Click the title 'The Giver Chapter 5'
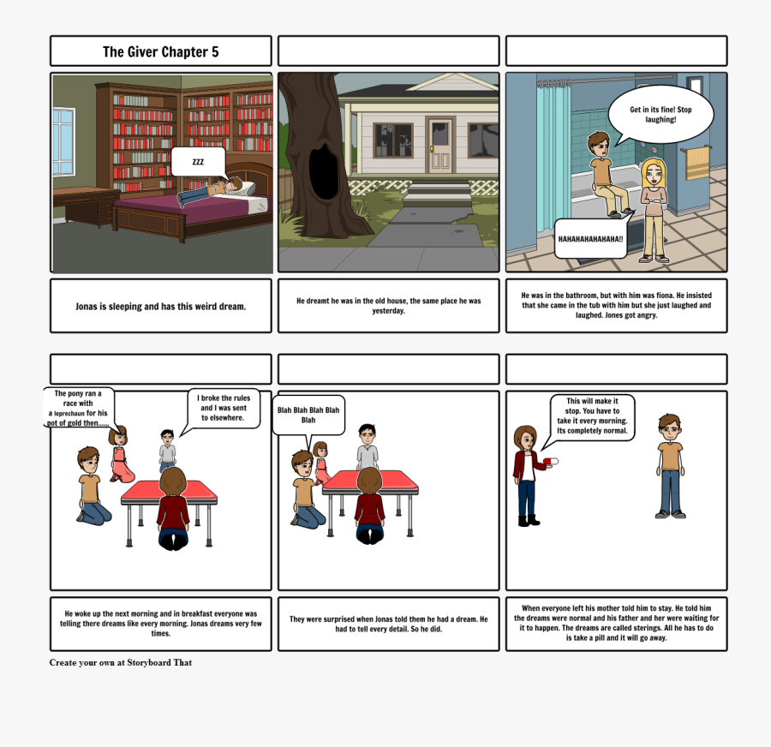click(160, 51)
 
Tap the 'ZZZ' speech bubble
click(198, 161)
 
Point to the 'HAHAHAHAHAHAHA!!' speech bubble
click(590, 238)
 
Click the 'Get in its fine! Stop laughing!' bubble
click(660, 115)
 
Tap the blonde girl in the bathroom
click(654, 208)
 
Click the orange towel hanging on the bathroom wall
click(697, 163)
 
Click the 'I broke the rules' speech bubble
click(224, 409)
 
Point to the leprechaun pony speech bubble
click(77, 408)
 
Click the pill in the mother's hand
click(552, 461)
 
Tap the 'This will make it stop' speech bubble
click(591, 416)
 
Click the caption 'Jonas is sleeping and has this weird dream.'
click(160, 306)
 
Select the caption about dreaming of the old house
click(388, 306)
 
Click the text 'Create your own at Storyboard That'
click(120, 662)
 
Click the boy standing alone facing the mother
click(670, 465)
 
